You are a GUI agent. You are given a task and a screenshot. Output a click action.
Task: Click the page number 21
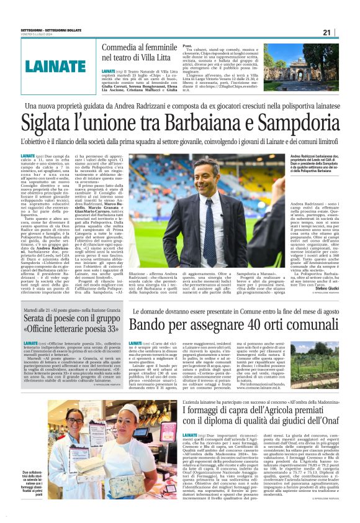[x=344, y=32]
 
